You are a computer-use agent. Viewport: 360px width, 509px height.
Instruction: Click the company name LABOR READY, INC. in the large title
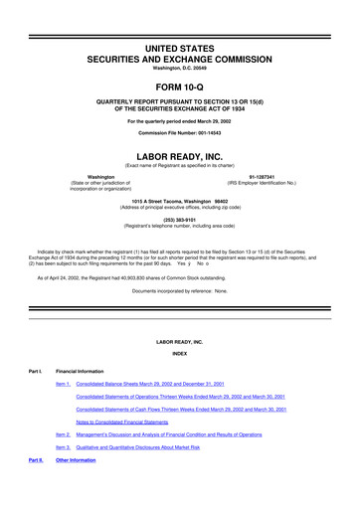pyautogui.click(x=179, y=155)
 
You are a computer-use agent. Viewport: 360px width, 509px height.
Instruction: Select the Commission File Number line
pyautogui.click(x=179, y=133)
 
